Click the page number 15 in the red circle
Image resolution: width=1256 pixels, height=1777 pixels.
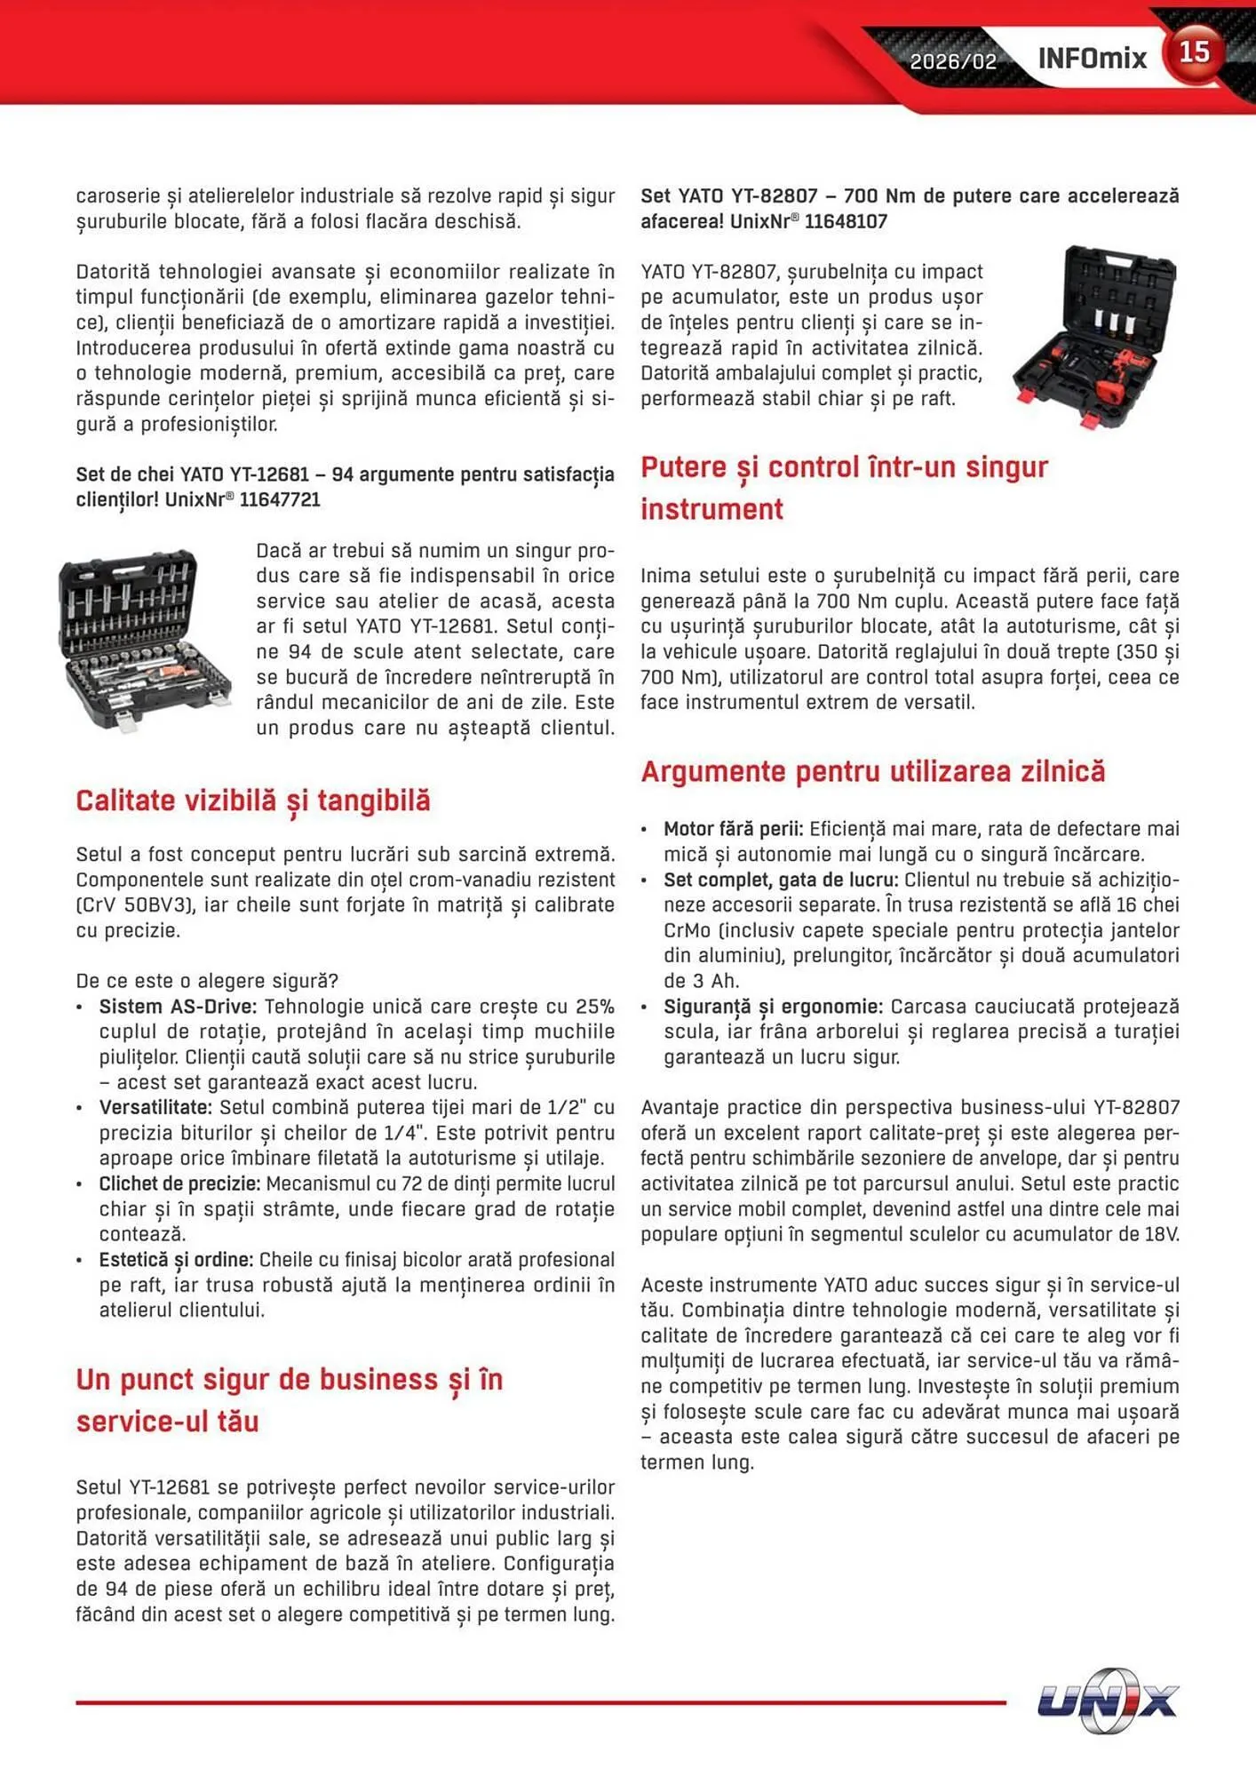pyautogui.click(x=1194, y=52)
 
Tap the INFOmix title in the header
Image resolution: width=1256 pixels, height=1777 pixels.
pyautogui.click(x=1092, y=59)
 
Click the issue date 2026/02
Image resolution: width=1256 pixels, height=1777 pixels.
pyautogui.click(x=953, y=61)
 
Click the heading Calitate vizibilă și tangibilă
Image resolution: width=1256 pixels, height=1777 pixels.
pyautogui.click(x=253, y=801)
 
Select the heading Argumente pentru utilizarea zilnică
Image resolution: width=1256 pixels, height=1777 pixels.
pyautogui.click(x=872, y=771)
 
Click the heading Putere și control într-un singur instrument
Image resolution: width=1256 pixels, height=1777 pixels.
pyautogui.click(x=844, y=488)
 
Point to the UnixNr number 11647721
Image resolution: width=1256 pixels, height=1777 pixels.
pyautogui.click(x=280, y=499)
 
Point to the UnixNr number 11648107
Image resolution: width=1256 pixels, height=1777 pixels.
pyautogui.click(x=846, y=221)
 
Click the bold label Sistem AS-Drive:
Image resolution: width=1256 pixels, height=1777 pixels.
pyautogui.click(x=178, y=1007)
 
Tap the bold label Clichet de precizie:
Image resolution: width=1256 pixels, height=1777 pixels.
pyautogui.click(x=179, y=1183)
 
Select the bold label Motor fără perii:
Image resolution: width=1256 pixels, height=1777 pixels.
pyautogui.click(x=733, y=829)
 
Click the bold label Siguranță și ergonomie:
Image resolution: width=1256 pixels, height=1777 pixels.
pyautogui.click(x=773, y=1007)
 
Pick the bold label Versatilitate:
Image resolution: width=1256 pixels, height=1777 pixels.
pyautogui.click(x=155, y=1107)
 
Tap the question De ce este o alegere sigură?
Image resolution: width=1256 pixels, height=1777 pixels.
pyautogui.click(x=207, y=981)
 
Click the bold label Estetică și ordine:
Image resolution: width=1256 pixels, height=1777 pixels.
pyautogui.click(x=176, y=1260)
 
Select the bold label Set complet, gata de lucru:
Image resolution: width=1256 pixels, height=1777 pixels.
pyautogui.click(x=781, y=880)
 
